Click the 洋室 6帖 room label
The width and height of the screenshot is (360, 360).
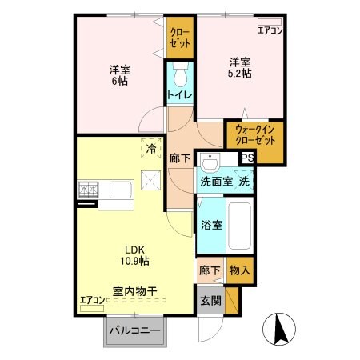coord(120,75)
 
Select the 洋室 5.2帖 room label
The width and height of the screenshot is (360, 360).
coord(240,68)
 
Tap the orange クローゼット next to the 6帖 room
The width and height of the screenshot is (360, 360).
coord(180,38)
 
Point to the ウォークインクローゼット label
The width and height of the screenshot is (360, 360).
coord(254,140)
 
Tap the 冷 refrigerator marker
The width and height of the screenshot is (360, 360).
coord(151,148)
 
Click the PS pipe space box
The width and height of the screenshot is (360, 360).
coord(247,158)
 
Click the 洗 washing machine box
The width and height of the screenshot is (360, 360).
coord(244,182)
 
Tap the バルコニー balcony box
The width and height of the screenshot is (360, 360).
coord(134,330)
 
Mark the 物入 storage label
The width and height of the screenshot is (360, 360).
coord(240,271)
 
